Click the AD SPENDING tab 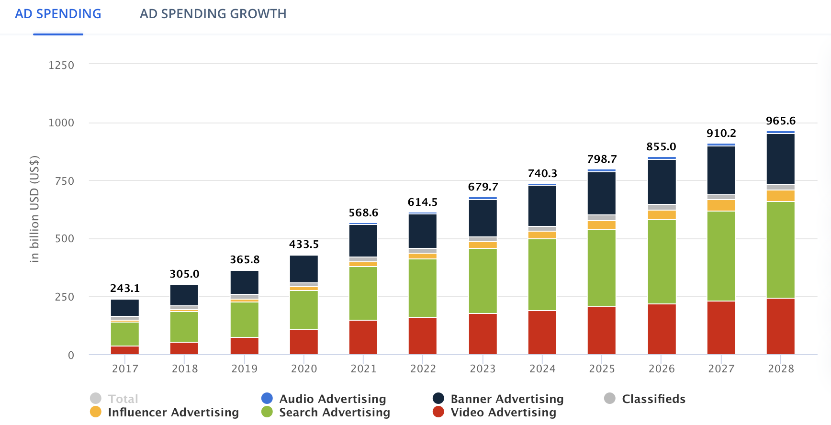click(x=58, y=14)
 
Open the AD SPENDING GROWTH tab click(x=213, y=14)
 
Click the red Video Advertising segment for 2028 click(x=780, y=326)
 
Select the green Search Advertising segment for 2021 click(x=363, y=293)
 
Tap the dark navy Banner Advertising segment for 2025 click(x=602, y=193)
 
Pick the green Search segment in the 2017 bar click(x=125, y=334)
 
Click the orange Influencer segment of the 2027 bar click(x=721, y=205)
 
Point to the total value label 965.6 click(x=780, y=121)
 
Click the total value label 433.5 click(x=304, y=245)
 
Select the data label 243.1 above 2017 click(x=125, y=288)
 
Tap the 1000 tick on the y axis click(x=61, y=123)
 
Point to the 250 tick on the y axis click(x=65, y=297)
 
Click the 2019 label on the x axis click(x=244, y=369)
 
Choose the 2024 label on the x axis click(x=542, y=369)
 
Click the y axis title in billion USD click(x=34, y=209)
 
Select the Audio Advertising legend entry click(x=332, y=399)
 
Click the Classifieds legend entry click(x=653, y=399)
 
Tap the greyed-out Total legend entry click(x=123, y=399)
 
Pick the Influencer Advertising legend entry click(x=173, y=412)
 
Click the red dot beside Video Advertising click(x=438, y=412)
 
